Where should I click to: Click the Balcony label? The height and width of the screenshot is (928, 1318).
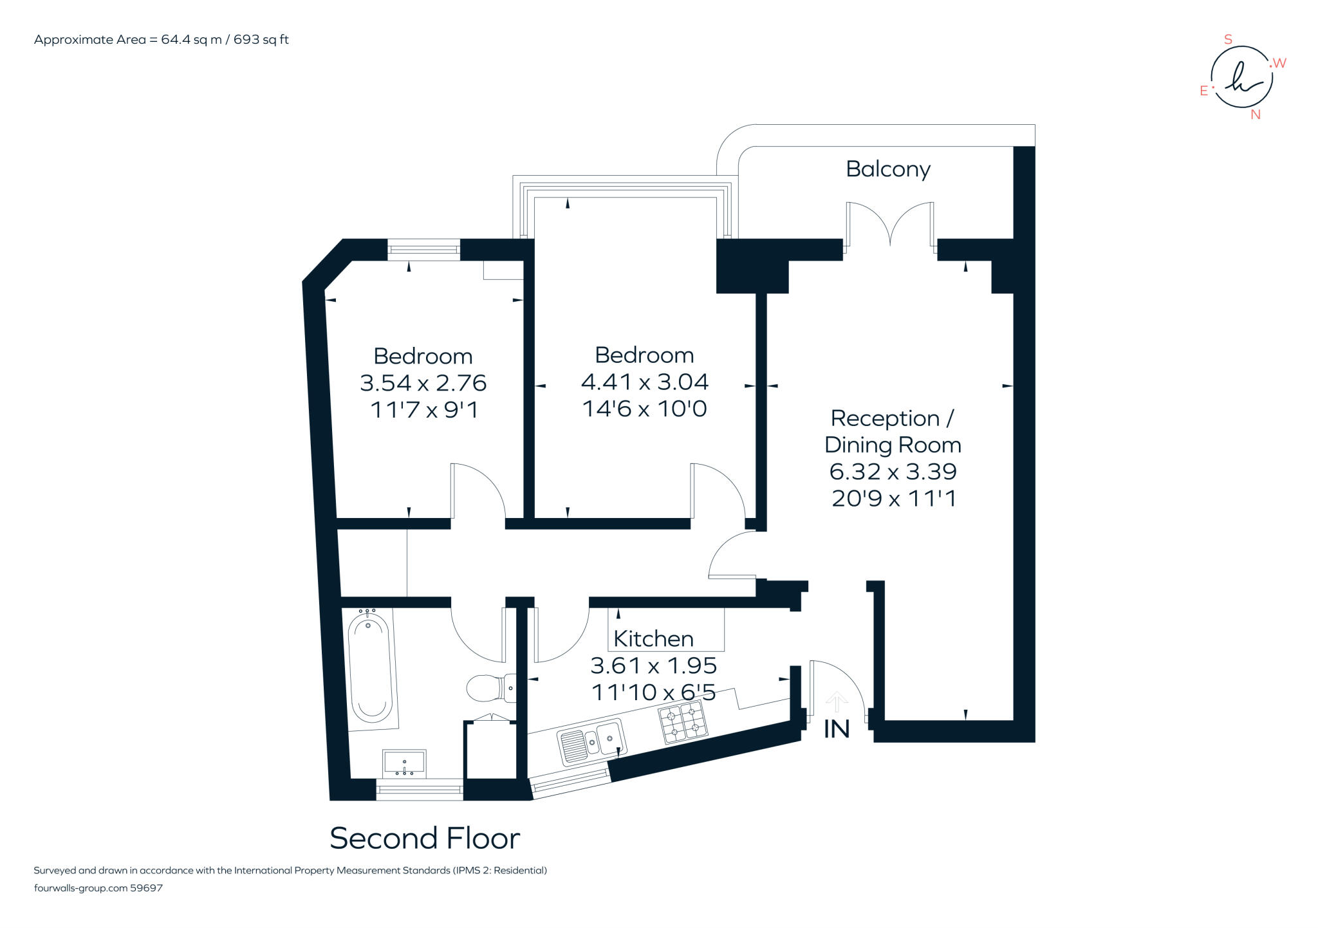point(887,169)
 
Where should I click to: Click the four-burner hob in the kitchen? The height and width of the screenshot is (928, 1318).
point(683,722)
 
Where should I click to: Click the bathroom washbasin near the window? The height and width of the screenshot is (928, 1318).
point(404,762)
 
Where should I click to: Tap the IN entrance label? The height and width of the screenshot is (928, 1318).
point(837,729)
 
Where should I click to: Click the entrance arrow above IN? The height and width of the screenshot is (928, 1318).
point(836,702)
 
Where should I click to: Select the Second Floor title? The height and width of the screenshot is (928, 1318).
point(425,838)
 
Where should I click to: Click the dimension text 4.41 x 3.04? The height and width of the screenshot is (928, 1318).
point(644,382)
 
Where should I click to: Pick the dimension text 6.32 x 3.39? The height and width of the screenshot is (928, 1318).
point(893,472)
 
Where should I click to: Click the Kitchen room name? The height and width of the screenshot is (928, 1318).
point(653,638)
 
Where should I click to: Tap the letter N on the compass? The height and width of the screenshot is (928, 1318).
point(1255,115)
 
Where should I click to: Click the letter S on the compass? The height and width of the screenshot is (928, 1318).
point(1227,40)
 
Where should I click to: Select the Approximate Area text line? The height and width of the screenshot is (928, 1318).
point(161,40)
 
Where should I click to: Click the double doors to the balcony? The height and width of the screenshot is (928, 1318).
point(890,224)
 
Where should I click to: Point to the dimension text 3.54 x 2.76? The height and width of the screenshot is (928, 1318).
point(423,384)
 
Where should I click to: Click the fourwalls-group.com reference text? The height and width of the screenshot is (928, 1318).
point(98,888)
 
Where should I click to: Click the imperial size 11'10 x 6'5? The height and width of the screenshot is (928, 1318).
point(653,692)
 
